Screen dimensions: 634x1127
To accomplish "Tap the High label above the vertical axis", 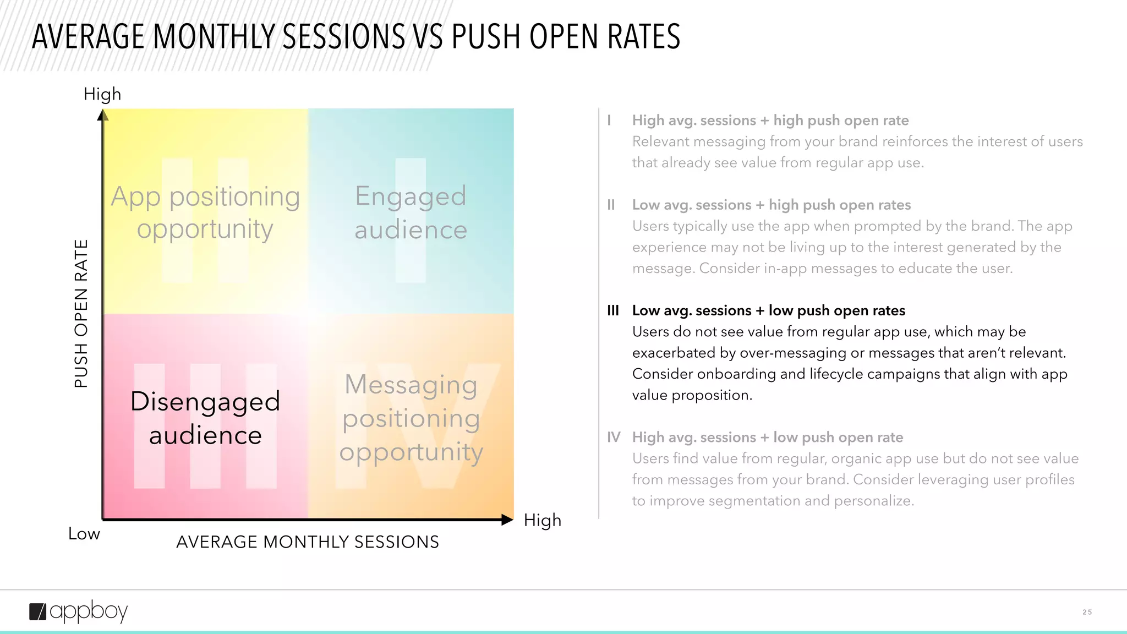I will [102, 94].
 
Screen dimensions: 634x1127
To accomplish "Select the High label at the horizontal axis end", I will [542, 520].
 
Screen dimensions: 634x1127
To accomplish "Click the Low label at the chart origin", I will [84, 533].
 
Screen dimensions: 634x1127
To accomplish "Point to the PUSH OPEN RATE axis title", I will [81, 314].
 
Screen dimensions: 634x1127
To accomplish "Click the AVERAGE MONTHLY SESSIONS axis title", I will [308, 542].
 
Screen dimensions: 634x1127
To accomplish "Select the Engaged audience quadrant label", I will [411, 212].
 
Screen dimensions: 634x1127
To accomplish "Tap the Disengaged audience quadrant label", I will [205, 418].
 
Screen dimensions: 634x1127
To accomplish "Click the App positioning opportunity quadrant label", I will [205, 212].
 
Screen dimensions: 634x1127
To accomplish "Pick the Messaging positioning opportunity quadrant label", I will [411, 418].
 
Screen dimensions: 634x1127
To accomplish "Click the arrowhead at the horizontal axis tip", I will [507, 520].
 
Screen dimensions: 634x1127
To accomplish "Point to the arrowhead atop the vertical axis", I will [103, 115].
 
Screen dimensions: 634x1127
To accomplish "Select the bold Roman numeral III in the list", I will [612, 310].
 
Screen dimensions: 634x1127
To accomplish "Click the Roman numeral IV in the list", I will [614, 437].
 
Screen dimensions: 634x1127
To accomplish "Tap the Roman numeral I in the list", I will [609, 120].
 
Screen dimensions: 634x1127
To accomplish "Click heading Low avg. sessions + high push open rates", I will [771, 205].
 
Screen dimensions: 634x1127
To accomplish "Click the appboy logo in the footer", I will [78, 611].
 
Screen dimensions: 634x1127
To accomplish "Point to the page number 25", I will [1087, 612].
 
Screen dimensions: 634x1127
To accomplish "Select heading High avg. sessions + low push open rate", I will [767, 437].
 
